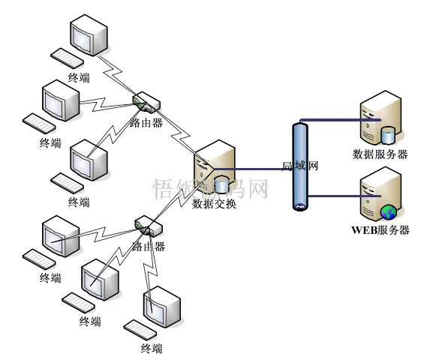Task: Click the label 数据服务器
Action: point(380,154)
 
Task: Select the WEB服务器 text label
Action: point(380,230)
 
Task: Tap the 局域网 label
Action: point(300,166)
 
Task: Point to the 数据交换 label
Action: point(215,203)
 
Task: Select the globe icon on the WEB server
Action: point(388,211)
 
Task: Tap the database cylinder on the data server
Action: point(388,136)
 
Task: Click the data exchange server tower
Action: point(215,166)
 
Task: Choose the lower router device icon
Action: point(145,225)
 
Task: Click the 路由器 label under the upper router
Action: point(146,122)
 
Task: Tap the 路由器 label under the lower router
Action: point(148,246)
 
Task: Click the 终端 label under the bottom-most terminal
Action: point(151,348)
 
